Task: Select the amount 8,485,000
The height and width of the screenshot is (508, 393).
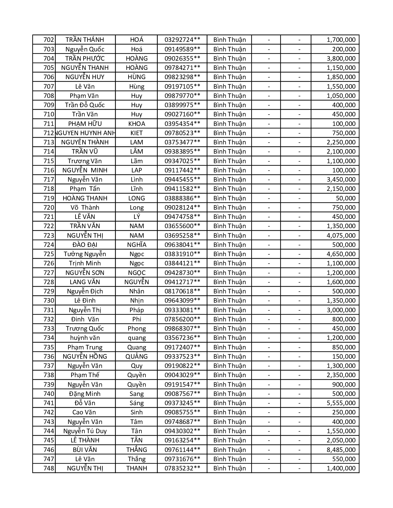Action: pyautogui.click(x=341, y=450)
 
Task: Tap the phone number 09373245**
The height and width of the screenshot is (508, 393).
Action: pyautogui.click(x=182, y=403)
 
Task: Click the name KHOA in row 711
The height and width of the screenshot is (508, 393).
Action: pyautogui.click(x=137, y=124)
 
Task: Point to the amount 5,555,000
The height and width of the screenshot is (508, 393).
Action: pyautogui.click(x=341, y=403)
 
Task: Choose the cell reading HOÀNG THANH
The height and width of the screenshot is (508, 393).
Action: pyautogui.click(x=85, y=198)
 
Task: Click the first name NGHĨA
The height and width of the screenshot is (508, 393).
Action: pyautogui.click(x=137, y=245)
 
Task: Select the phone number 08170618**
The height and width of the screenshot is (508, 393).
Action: pyautogui.click(x=182, y=291)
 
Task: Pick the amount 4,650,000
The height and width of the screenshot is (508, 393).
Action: pyautogui.click(x=341, y=254)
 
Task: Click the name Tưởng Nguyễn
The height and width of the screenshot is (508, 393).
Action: pyautogui.click(x=85, y=254)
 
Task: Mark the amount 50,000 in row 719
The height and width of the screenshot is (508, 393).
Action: pyautogui.click(x=346, y=198)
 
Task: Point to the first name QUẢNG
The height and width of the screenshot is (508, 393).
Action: pyautogui.click(x=137, y=357)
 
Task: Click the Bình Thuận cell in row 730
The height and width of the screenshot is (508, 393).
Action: pyautogui.click(x=229, y=300)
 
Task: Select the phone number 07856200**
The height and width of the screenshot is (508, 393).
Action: pyautogui.click(x=182, y=319)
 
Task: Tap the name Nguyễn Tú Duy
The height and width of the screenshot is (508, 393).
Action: pyautogui.click(x=85, y=431)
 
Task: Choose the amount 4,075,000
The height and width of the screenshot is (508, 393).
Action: pyautogui.click(x=341, y=236)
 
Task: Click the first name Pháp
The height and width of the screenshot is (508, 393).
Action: pyautogui.click(x=137, y=310)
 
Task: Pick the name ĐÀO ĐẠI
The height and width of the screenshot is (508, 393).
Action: pyautogui.click(x=85, y=245)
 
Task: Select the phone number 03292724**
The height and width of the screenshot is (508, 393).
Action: pyautogui.click(x=182, y=40)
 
